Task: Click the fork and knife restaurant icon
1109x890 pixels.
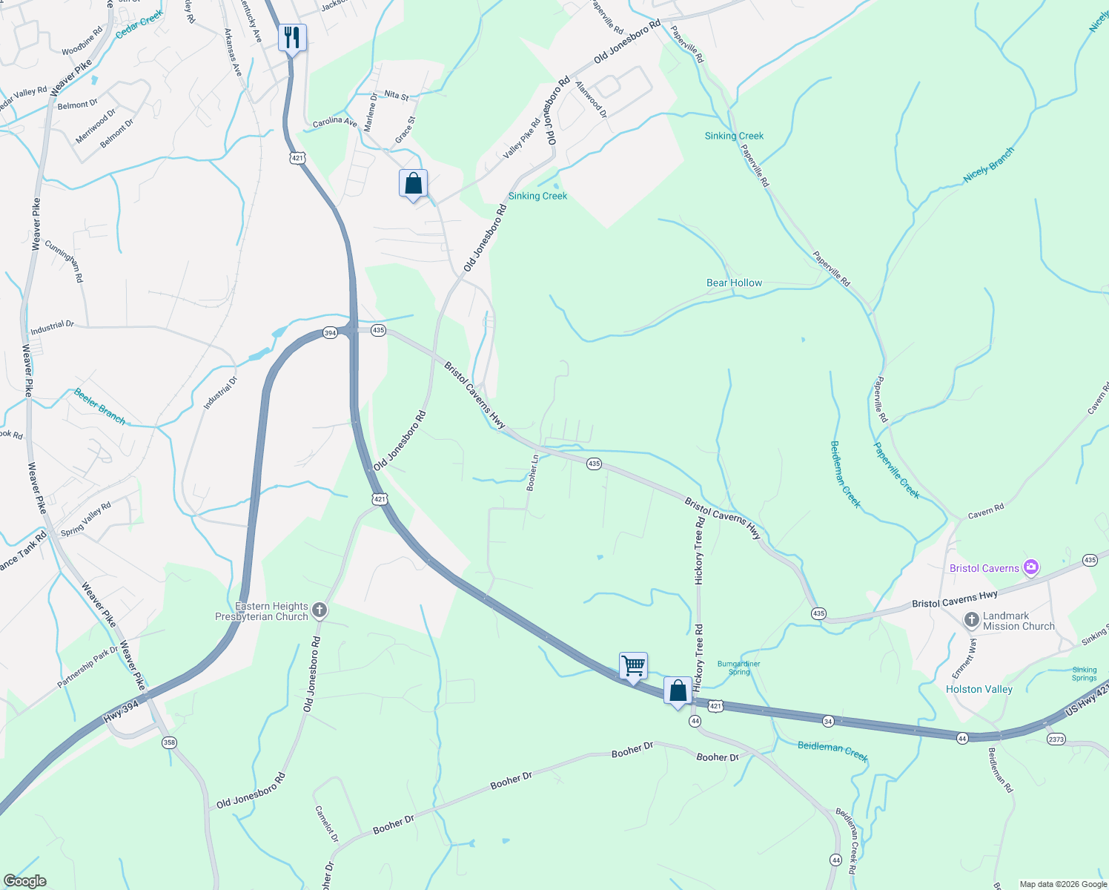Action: click(292, 38)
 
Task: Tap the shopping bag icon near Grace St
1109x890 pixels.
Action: click(413, 183)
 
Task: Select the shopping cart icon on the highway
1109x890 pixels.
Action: click(633, 665)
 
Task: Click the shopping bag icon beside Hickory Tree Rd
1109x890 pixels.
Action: click(678, 690)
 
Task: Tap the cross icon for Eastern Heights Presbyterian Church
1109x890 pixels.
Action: click(320, 610)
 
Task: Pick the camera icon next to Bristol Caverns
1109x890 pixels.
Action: click(1030, 568)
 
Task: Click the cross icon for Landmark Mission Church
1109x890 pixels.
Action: click(972, 620)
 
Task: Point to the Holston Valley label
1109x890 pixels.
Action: click(979, 689)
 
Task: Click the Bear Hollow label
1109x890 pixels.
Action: click(734, 283)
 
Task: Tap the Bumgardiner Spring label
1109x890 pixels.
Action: click(739, 667)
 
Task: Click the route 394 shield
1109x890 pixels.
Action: click(330, 333)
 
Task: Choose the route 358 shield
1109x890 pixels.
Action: click(170, 742)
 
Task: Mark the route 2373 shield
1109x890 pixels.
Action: click(1056, 739)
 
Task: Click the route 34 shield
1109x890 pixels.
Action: click(828, 721)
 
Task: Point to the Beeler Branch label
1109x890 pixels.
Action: click(100, 406)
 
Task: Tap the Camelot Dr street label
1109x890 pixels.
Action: click(327, 824)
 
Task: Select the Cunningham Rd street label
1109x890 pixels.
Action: click(64, 260)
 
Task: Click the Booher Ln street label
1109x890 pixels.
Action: click(532, 472)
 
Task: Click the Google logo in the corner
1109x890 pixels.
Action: click(24, 881)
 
